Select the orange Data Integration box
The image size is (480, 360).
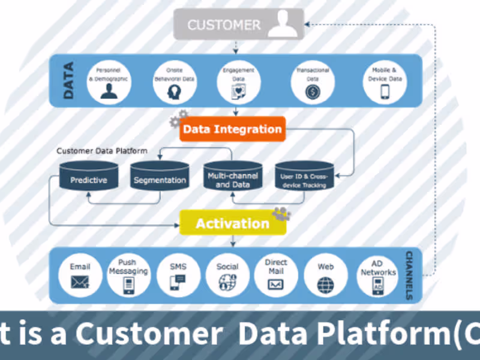click(232, 129)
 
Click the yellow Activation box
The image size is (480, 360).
click(232, 223)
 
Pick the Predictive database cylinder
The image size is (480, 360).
click(88, 178)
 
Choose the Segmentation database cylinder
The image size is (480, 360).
click(159, 178)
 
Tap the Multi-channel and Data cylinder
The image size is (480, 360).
click(233, 178)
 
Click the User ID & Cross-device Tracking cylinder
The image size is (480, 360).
click(304, 178)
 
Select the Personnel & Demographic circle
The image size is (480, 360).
click(109, 81)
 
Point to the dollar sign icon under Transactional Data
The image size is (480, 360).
click(312, 92)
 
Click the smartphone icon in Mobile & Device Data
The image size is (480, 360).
click(385, 92)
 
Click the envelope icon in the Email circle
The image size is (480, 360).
click(80, 281)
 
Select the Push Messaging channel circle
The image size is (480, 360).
click(128, 275)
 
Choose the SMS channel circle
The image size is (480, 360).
click(178, 275)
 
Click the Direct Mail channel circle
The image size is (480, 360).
click(276, 275)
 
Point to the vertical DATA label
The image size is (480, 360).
click(68, 82)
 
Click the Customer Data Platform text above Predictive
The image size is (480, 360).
click(101, 151)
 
